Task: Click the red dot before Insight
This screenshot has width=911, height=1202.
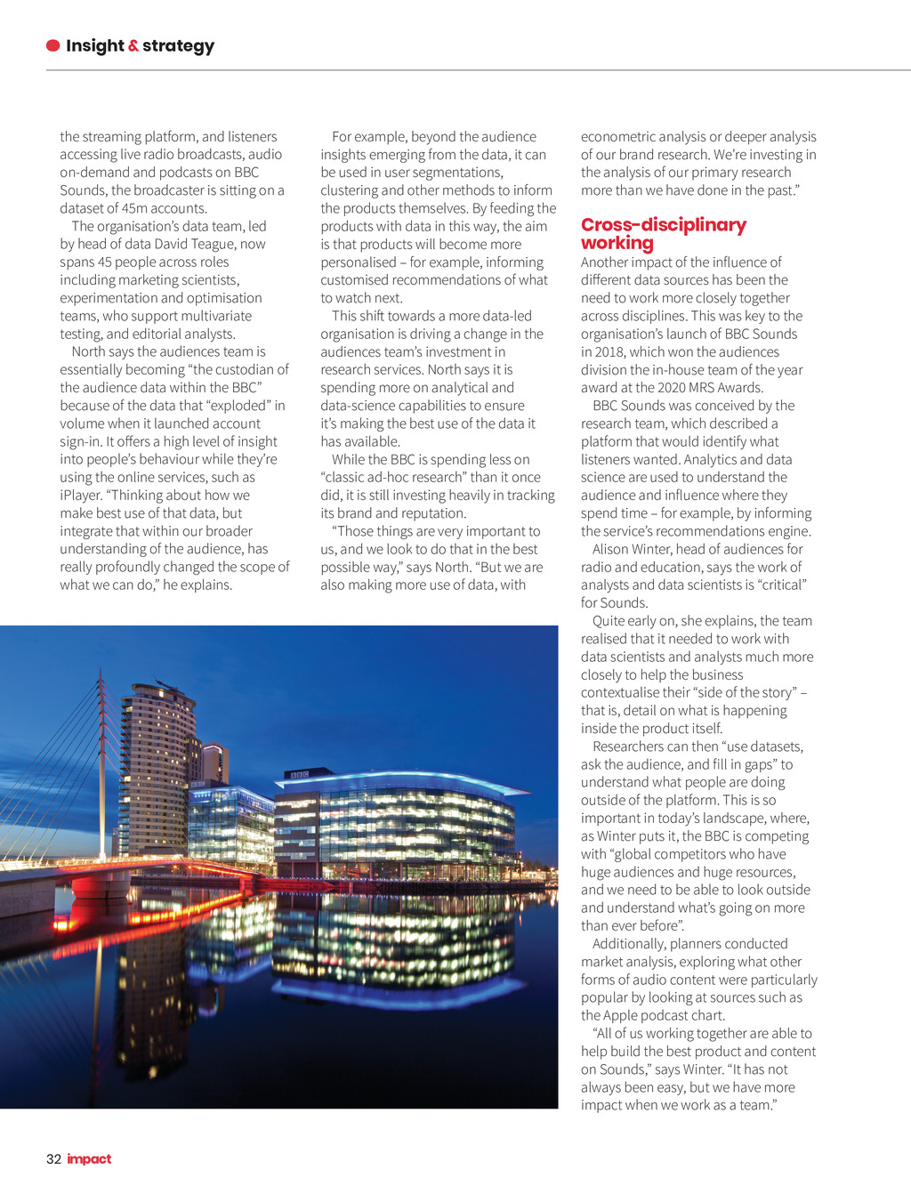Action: point(53,45)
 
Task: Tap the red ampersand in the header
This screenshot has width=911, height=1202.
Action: point(133,45)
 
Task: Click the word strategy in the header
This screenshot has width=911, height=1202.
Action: point(178,46)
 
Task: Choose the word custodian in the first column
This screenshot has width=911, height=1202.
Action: point(238,369)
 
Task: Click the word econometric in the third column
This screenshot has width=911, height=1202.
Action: point(617,137)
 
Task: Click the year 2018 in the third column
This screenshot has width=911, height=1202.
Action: point(609,351)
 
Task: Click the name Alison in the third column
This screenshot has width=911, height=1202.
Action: point(612,549)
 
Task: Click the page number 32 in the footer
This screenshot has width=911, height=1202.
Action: point(53,1158)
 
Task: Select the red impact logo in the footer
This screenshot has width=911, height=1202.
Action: point(89,1158)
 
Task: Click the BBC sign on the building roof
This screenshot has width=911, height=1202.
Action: point(297,775)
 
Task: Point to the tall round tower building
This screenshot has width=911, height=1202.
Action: point(155,765)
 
